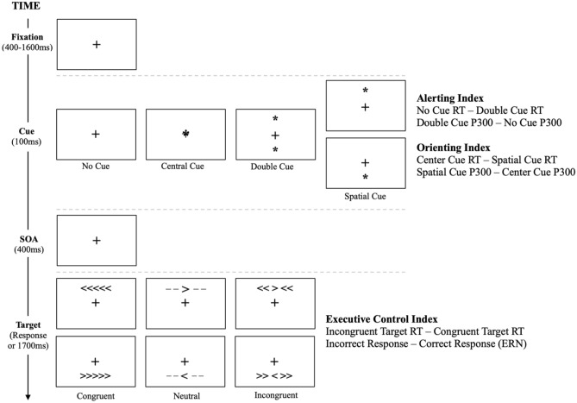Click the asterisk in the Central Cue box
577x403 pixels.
186,134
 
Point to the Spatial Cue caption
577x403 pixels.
366,196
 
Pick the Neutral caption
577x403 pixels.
185,395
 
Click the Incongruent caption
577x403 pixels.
275,396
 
